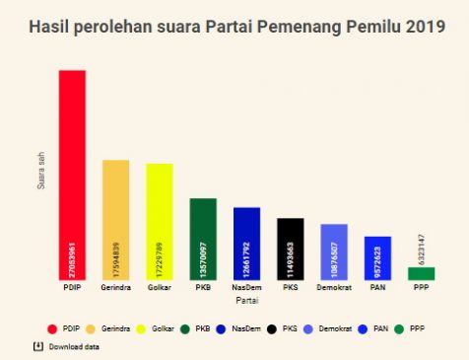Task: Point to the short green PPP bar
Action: click(x=421, y=274)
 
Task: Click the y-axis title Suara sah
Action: click(x=40, y=171)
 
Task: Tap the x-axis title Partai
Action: click(x=246, y=299)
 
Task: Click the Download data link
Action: click(x=74, y=347)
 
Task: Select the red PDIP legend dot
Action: click(x=51, y=327)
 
